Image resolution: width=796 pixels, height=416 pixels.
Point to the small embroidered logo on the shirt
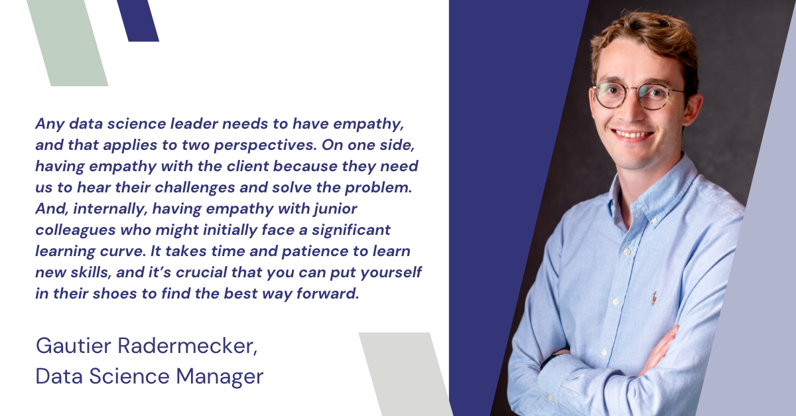pos(655,297)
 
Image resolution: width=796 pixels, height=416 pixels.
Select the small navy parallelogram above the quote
pos(137,20)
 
